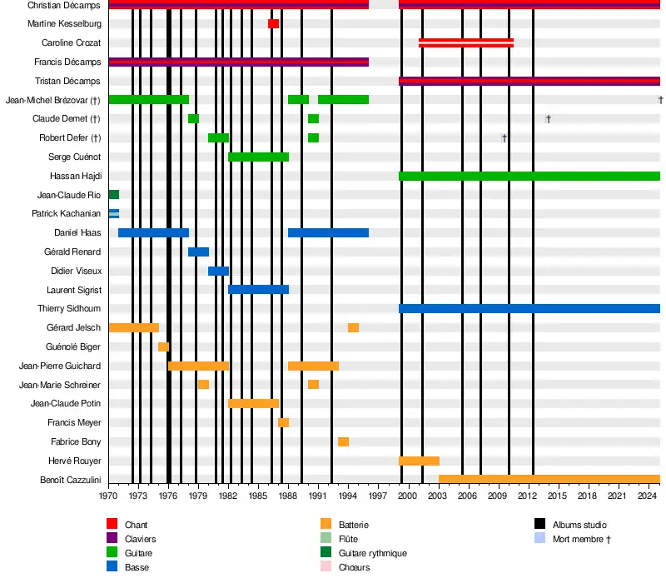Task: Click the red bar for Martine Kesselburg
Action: pyautogui.click(x=273, y=23)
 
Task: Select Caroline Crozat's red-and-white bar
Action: pyautogui.click(x=465, y=42)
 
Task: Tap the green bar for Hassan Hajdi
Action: pyautogui.click(x=529, y=176)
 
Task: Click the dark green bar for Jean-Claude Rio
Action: pyautogui.click(x=114, y=195)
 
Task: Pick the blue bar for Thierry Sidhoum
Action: pyautogui.click(x=529, y=309)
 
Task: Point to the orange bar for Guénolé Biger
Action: pyautogui.click(x=163, y=346)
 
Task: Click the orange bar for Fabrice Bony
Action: pyautogui.click(x=343, y=441)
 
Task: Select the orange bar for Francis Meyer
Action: pyautogui.click(x=283, y=423)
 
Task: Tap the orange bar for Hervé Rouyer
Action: pyautogui.click(x=419, y=461)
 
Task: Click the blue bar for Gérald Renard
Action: pyautogui.click(x=198, y=252)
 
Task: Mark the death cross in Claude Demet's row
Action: pyautogui.click(x=548, y=119)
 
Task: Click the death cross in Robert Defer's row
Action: pyautogui.click(x=504, y=138)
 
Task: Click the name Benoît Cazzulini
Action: pyautogui.click(x=71, y=480)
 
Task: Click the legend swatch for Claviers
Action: pyautogui.click(x=112, y=539)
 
